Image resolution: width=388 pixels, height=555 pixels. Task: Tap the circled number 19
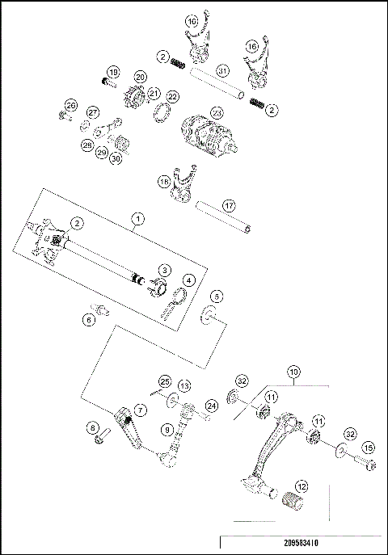(x=112, y=73)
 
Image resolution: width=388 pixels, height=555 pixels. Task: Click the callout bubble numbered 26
(x=70, y=106)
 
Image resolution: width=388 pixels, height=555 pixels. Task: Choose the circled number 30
(x=116, y=160)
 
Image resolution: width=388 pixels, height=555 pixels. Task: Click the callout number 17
(x=229, y=206)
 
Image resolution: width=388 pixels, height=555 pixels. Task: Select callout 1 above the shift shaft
(x=138, y=218)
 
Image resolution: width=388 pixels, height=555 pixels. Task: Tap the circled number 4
(x=188, y=280)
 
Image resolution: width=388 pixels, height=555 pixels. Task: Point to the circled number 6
(x=89, y=320)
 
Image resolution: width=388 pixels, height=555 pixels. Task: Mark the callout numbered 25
(x=164, y=381)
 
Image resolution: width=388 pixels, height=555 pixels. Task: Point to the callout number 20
(x=139, y=77)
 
